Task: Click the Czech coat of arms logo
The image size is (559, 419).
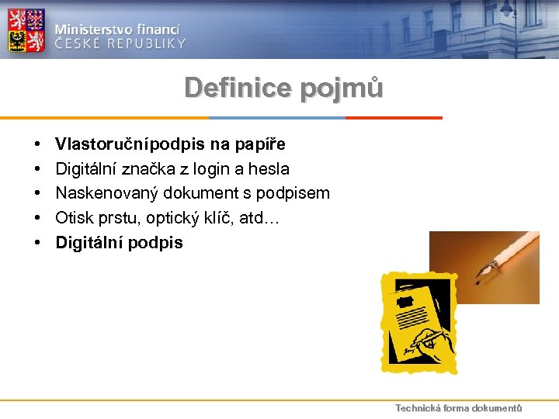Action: [26, 30]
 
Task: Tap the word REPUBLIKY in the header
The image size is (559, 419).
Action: [145, 43]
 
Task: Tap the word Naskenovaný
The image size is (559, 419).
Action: [102, 193]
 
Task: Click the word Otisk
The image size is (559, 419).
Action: [72, 218]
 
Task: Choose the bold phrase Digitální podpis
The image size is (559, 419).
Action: [119, 242]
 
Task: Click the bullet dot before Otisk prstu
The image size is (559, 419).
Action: [37, 219]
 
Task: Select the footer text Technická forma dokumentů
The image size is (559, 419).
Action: [458, 408]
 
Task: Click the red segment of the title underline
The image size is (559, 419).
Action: [394, 118]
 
